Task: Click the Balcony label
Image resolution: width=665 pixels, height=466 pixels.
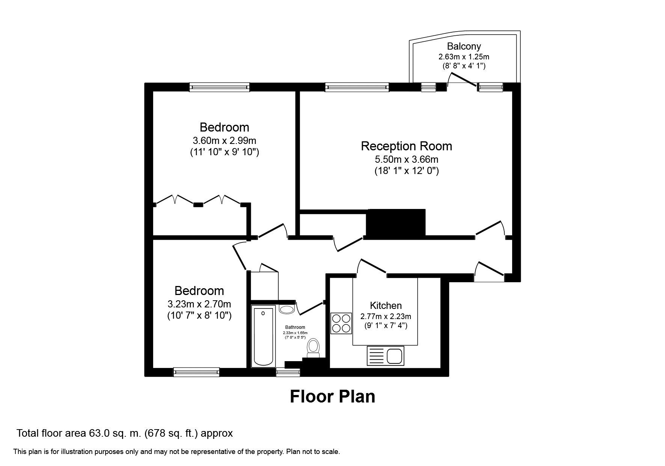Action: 464,46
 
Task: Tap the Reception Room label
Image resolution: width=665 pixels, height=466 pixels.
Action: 406,146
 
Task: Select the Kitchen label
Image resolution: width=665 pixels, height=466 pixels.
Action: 386,306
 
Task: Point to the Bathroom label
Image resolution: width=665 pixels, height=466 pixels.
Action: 295,327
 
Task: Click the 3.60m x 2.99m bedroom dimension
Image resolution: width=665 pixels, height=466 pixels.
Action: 224,141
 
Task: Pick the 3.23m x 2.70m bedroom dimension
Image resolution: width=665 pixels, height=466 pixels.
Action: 199,304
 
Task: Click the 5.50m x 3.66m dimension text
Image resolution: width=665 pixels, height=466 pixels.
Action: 406,159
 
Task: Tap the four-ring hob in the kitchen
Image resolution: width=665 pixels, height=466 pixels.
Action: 341,323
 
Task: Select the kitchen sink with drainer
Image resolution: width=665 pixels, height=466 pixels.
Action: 385,356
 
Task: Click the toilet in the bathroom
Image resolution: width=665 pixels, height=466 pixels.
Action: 313,348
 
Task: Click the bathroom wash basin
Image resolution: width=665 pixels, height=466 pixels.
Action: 287,309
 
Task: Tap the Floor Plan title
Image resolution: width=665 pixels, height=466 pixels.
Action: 332,396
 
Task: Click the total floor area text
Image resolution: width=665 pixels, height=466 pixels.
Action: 124,433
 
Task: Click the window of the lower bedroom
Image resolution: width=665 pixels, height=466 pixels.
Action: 196,372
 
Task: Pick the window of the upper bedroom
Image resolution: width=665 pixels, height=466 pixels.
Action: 219,87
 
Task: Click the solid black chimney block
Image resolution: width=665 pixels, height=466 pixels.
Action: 395,222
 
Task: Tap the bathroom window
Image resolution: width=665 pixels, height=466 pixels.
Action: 288,372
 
